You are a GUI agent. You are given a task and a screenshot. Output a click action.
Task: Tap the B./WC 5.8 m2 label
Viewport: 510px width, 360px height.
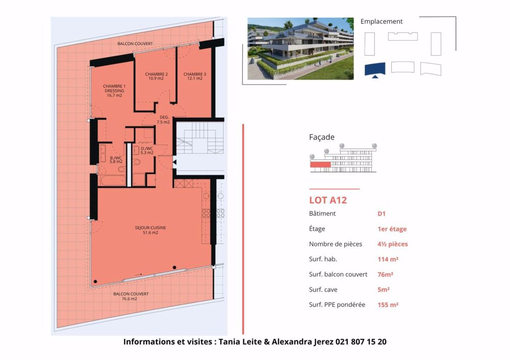point(115,160)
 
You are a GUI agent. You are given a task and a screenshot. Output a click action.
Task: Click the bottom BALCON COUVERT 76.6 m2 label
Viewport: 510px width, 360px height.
point(131,296)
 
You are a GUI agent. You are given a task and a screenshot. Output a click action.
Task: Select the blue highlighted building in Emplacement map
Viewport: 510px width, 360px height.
point(375,69)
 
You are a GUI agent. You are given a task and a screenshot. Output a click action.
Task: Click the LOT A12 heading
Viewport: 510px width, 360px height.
point(328,200)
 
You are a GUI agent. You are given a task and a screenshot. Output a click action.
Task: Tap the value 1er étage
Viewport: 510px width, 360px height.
point(392,229)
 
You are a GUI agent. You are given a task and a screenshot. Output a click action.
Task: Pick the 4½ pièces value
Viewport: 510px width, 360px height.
point(392,244)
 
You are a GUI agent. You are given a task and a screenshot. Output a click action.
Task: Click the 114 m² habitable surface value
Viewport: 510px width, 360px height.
point(388,259)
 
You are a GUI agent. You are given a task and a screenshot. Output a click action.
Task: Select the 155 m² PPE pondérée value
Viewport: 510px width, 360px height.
point(388,305)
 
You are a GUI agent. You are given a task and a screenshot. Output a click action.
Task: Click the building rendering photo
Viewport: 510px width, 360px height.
point(300,48)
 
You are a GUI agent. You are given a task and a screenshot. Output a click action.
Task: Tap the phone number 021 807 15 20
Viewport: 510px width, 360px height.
point(361,342)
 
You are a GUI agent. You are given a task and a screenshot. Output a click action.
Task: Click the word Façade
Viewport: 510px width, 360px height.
point(322,137)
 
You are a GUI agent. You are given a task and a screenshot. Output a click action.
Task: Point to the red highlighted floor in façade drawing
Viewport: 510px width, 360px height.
point(320,164)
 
